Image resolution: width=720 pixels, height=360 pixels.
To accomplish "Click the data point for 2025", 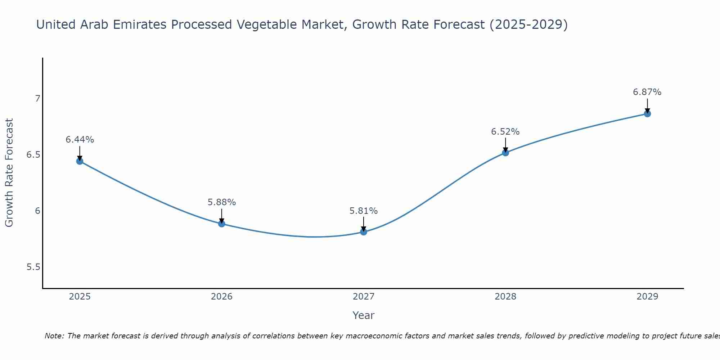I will point(80,161).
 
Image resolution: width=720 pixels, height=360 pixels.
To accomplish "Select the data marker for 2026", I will point(221,224).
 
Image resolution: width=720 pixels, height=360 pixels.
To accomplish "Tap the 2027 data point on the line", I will point(364,232).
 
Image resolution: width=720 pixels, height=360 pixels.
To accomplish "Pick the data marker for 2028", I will point(505,153).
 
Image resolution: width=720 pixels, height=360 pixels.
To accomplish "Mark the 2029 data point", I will point(647,114).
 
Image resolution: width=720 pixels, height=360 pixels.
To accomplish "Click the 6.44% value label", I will point(80,140).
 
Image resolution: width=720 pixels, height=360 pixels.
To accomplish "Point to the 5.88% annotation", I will point(221,202).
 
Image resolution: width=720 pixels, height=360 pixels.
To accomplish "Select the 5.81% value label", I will point(364,211).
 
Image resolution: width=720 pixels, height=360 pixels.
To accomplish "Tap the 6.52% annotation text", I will point(505,132).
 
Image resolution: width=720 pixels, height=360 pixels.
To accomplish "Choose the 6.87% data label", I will point(647,92).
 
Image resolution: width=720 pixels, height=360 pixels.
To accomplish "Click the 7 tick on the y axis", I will point(37,98).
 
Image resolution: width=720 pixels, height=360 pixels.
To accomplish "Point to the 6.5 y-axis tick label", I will point(33,155).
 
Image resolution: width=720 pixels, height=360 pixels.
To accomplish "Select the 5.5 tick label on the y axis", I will point(33,267).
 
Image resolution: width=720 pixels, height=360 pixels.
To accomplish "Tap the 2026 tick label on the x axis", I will point(221,297).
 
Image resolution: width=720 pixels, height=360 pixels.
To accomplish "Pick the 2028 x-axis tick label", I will point(505,297).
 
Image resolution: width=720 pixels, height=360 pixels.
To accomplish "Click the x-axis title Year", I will point(364,315).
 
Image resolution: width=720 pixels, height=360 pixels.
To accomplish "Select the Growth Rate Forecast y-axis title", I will point(9,173).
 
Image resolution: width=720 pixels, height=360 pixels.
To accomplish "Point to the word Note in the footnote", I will point(54,336).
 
